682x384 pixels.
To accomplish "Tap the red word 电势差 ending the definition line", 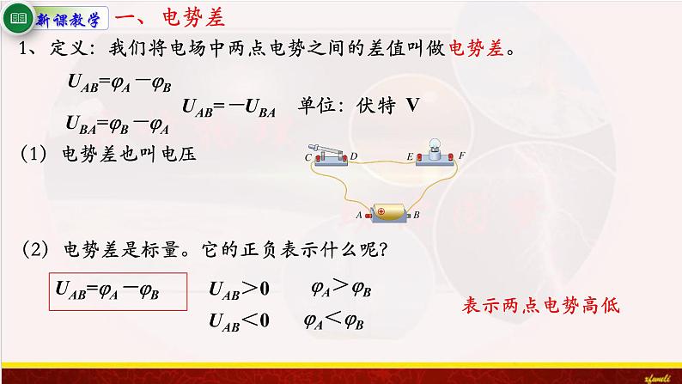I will click(478, 51).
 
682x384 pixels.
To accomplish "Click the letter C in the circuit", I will click(308, 158).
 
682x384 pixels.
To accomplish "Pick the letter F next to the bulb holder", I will click(461, 156).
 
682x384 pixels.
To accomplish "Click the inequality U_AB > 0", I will click(240, 289).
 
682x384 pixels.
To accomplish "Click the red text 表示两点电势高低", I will click(540, 306).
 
